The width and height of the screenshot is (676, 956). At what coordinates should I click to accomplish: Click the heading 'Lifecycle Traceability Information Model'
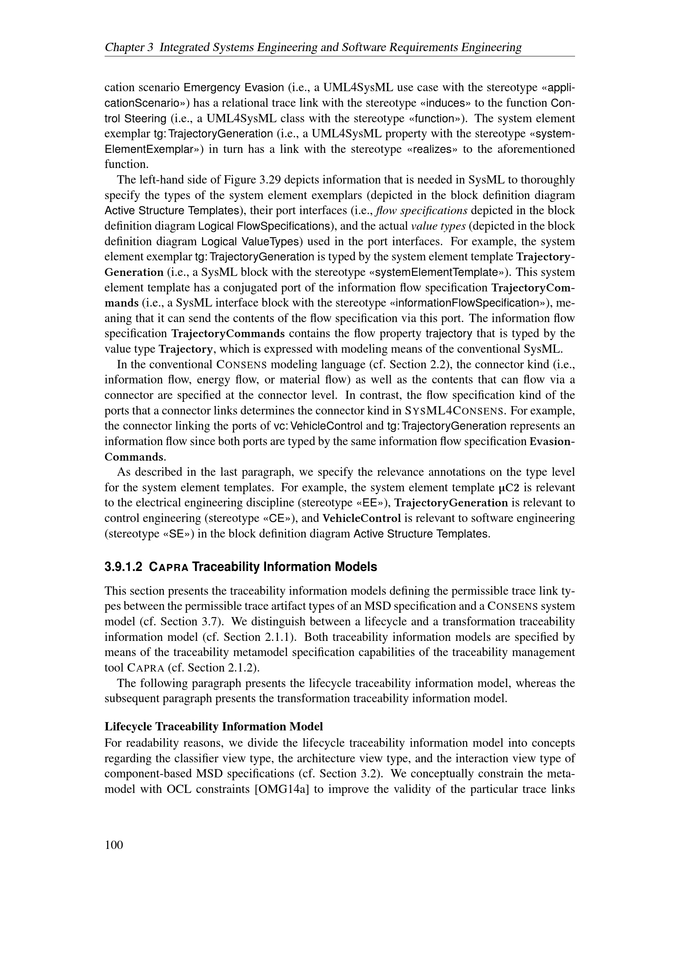point(213,727)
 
